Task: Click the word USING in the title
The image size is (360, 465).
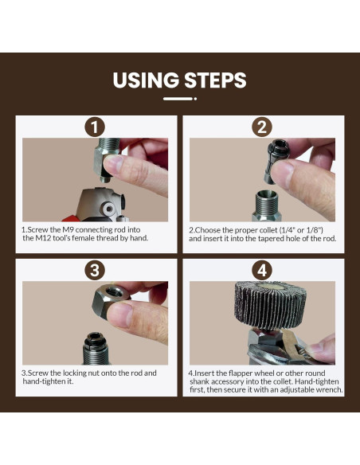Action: [x=146, y=80]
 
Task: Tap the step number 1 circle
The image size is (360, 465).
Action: [x=95, y=127]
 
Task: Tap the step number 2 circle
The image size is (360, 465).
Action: [x=262, y=127]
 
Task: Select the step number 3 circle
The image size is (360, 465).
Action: [x=95, y=271]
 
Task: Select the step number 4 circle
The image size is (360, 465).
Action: [x=262, y=271]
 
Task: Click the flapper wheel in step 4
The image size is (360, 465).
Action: [x=270, y=305]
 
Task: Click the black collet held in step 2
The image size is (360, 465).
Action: [x=273, y=161]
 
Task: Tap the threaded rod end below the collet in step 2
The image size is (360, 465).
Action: [x=266, y=205]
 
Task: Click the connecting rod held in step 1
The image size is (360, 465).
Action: [x=105, y=160]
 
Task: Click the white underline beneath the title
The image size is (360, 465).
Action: [x=180, y=99]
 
